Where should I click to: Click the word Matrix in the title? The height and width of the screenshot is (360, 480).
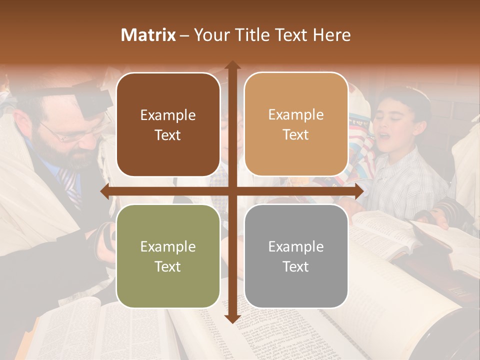[x=148, y=35]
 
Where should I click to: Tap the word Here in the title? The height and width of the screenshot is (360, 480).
[x=331, y=35]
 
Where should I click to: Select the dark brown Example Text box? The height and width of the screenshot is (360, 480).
[x=168, y=125]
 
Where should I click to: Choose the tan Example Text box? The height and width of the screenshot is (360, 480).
[x=296, y=124]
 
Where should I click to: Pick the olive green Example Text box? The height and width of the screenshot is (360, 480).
[x=168, y=256]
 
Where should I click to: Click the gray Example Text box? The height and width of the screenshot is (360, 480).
[x=296, y=256]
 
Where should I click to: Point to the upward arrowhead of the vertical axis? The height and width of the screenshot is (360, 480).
[x=232, y=65]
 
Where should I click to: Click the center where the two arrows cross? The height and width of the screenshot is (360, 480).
[x=232, y=191]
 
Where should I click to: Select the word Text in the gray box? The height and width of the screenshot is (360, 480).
[x=296, y=266]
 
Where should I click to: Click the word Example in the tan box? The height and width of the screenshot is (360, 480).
[x=296, y=115]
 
